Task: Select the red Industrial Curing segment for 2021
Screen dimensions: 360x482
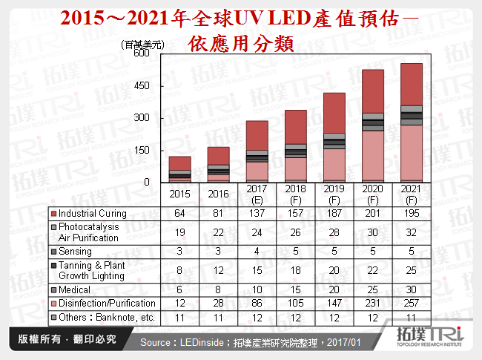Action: point(411,84)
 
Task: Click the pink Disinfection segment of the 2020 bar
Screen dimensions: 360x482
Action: point(372,156)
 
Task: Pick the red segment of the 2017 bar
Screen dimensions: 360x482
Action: point(257,136)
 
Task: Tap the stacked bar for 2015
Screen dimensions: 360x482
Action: point(180,169)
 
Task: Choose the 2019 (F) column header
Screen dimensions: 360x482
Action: point(334,194)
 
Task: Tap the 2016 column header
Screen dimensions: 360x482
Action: point(219,194)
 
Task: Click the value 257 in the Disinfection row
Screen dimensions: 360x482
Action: point(411,303)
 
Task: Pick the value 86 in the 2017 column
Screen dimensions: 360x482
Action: point(257,303)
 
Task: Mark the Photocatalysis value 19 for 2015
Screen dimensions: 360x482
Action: point(180,232)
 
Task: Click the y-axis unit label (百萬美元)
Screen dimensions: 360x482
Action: point(144,45)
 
